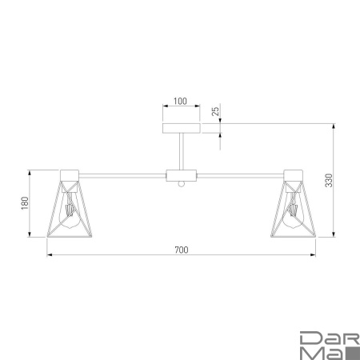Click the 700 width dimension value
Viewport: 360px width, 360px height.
click(x=180, y=250)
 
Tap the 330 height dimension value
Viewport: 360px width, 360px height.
click(x=327, y=182)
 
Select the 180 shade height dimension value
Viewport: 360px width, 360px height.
click(x=25, y=204)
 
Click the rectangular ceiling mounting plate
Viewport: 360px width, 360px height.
click(x=180, y=128)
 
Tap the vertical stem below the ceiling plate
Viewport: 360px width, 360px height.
click(x=180, y=152)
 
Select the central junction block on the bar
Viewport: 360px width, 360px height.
click(x=180, y=174)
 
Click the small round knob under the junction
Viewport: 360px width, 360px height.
click(x=181, y=185)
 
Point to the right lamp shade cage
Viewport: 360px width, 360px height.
click(x=292, y=210)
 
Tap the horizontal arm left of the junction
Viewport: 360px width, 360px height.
click(x=120, y=174)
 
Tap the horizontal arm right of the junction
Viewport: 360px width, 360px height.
click(x=240, y=174)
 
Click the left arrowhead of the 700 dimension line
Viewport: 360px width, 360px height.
click(x=50, y=256)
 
